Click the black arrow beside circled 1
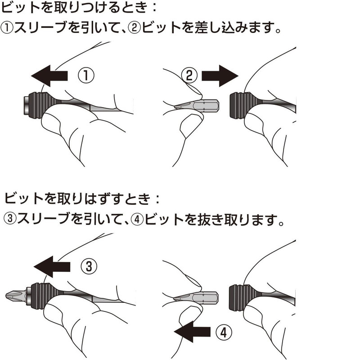[x=49, y=76]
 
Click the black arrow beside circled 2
[x=220, y=76]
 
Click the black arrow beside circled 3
[x=52, y=267]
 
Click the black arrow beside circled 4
[x=192, y=332]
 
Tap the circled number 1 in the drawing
[x=86, y=76]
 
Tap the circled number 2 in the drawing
[x=189, y=76]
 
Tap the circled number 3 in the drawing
[x=89, y=266]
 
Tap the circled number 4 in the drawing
[x=224, y=332]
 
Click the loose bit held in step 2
[x=197, y=106]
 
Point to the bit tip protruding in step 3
[x=16, y=296]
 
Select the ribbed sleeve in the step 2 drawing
[x=244, y=105]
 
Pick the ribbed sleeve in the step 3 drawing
[x=42, y=296]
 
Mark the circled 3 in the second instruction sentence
[x=10, y=218]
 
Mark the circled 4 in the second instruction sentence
[x=137, y=219]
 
